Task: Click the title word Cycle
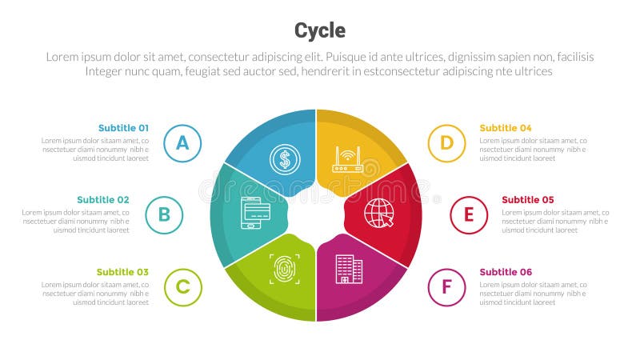pyautogui.click(x=320, y=30)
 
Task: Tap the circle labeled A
pyautogui.click(x=182, y=143)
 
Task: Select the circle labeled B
pyautogui.click(x=164, y=214)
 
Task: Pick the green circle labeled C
pyautogui.click(x=183, y=287)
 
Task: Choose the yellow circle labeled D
pyautogui.click(x=446, y=143)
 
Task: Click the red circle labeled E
pyautogui.click(x=469, y=214)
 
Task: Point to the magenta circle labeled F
pyautogui.click(x=446, y=287)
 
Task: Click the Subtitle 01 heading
pyautogui.click(x=123, y=128)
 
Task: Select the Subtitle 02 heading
pyautogui.click(x=103, y=200)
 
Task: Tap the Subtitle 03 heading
pyautogui.click(x=122, y=272)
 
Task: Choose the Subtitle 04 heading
pyautogui.click(x=506, y=128)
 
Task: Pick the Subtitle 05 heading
pyautogui.click(x=528, y=200)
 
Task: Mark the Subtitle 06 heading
pyautogui.click(x=506, y=272)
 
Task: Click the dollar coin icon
pyautogui.click(x=284, y=159)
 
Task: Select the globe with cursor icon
pyautogui.click(x=378, y=214)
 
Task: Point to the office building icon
pyautogui.click(x=349, y=269)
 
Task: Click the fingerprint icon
pyautogui.click(x=284, y=269)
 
